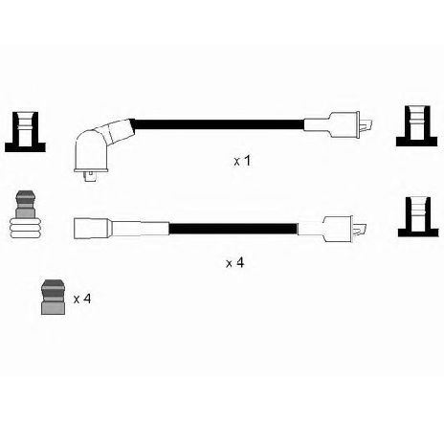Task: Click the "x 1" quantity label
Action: (242, 161)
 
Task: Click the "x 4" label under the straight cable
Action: (235, 263)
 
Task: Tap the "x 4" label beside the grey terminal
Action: (82, 299)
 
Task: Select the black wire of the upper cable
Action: (219, 124)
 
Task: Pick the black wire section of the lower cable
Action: (233, 229)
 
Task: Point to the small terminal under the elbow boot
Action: (91, 176)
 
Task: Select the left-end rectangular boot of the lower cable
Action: (93, 229)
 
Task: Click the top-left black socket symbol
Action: (25, 132)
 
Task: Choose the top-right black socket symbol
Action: (416, 126)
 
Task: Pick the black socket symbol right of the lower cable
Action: (418, 217)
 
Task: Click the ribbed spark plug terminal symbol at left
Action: (26, 214)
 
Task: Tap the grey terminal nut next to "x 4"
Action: (54, 297)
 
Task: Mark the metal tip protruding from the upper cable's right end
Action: (366, 125)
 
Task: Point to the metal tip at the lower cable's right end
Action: (360, 230)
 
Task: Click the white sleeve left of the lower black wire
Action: (140, 229)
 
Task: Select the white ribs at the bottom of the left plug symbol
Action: (26, 229)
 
